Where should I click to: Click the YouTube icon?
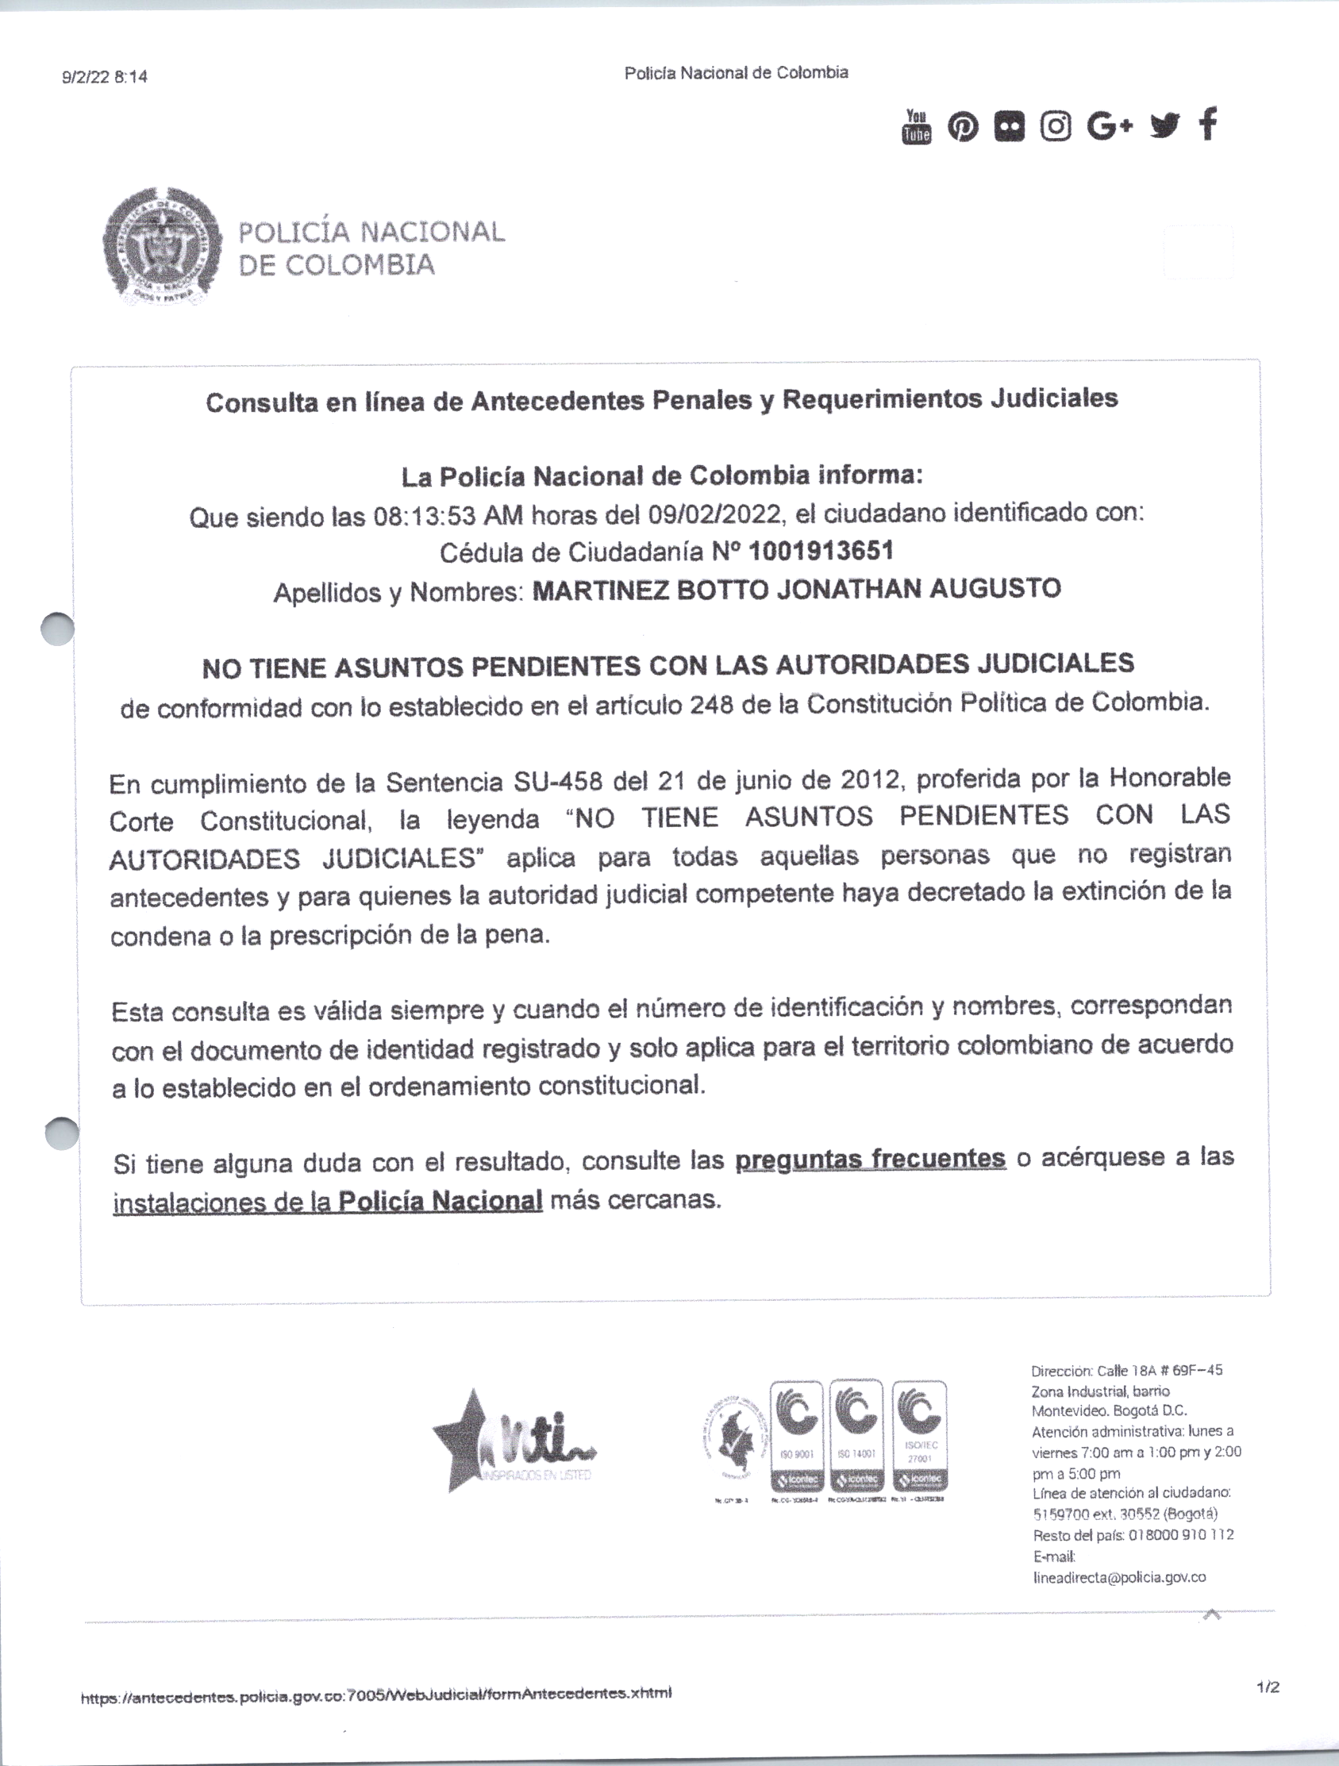pyautogui.click(x=917, y=127)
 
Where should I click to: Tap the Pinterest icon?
pyautogui.click(x=963, y=127)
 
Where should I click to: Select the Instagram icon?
pyautogui.click(x=1056, y=126)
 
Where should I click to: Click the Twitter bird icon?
pyautogui.click(x=1165, y=125)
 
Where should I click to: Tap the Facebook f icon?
pyautogui.click(x=1209, y=125)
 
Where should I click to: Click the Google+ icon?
pyautogui.click(x=1109, y=126)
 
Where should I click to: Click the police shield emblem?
pyautogui.click(x=161, y=246)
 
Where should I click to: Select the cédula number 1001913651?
pyautogui.click(x=821, y=551)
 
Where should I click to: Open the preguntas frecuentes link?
pyautogui.click(x=869, y=1159)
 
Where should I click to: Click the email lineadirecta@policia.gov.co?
pyautogui.click(x=1118, y=1577)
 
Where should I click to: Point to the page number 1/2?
pyautogui.click(x=1267, y=1687)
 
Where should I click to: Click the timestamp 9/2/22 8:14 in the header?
pyautogui.click(x=105, y=78)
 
